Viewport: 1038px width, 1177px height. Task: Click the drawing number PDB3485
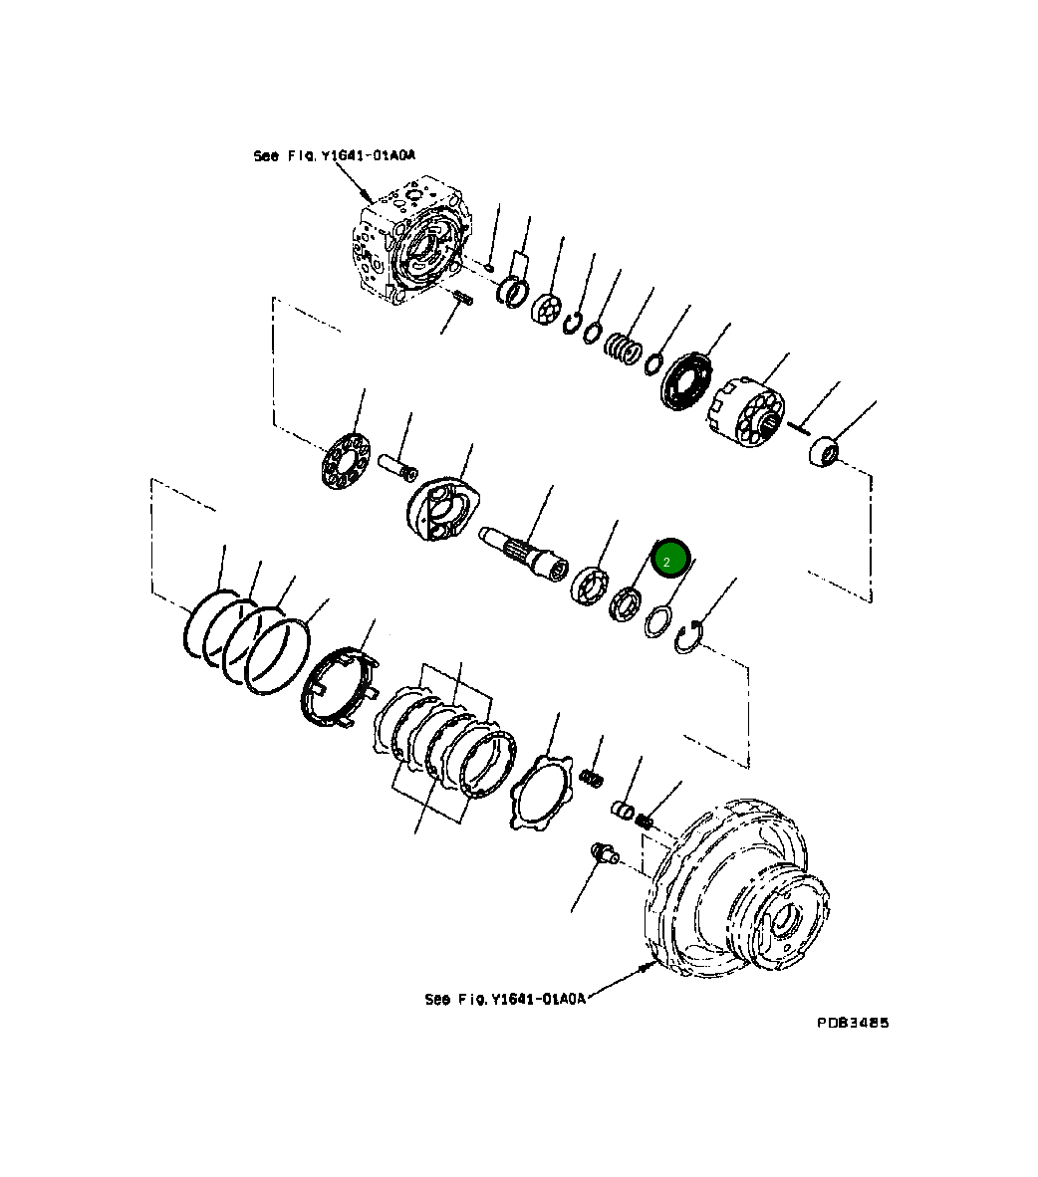click(853, 1023)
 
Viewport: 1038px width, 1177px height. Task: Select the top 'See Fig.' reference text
click(334, 155)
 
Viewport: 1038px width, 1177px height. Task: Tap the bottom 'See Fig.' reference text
click(505, 998)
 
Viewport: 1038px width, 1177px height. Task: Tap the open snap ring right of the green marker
click(687, 637)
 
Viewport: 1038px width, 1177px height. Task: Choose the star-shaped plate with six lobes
click(539, 792)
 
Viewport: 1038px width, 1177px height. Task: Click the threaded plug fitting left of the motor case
click(602, 852)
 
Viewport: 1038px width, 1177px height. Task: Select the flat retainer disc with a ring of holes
click(345, 460)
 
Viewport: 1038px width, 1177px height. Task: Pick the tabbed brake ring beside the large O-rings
click(340, 687)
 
